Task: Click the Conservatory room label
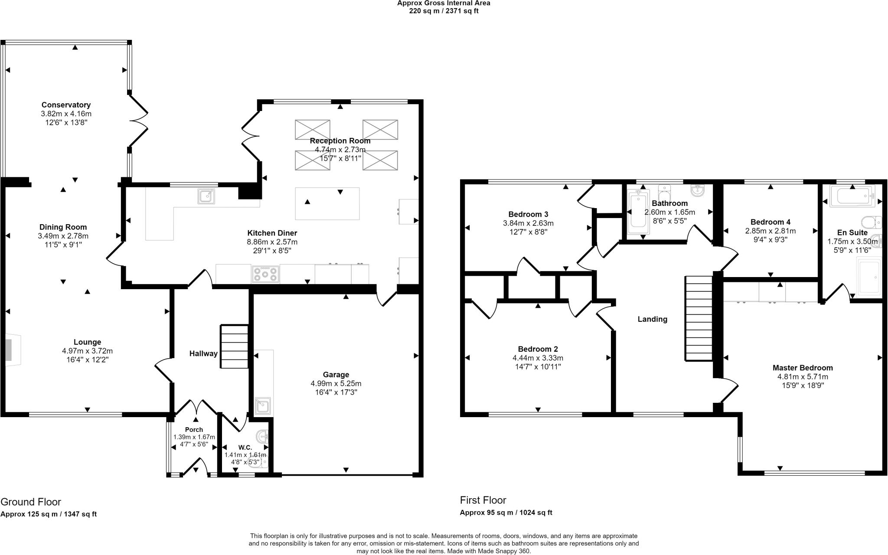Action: click(x=66, y=105)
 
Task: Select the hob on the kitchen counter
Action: click(x=265, y=274)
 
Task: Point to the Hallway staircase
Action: click(x=235, y=346)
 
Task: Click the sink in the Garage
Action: click(x=263, y=405)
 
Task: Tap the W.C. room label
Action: click(x=245, y=447)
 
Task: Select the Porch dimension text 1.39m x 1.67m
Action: click(x=194, y=437)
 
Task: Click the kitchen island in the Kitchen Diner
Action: click(x=327, y=203)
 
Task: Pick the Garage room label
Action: click(x=336, y=375)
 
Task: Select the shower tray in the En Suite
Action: click(x=869, y=277)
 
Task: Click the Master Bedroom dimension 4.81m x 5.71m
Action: click(x=802, y=377)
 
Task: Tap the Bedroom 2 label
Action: click(x=538, y=349)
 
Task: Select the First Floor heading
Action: click(x=483, y=500)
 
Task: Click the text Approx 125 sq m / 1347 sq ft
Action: click(x=49, y=514)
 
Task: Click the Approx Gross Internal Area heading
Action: click(x=444, y=3)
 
